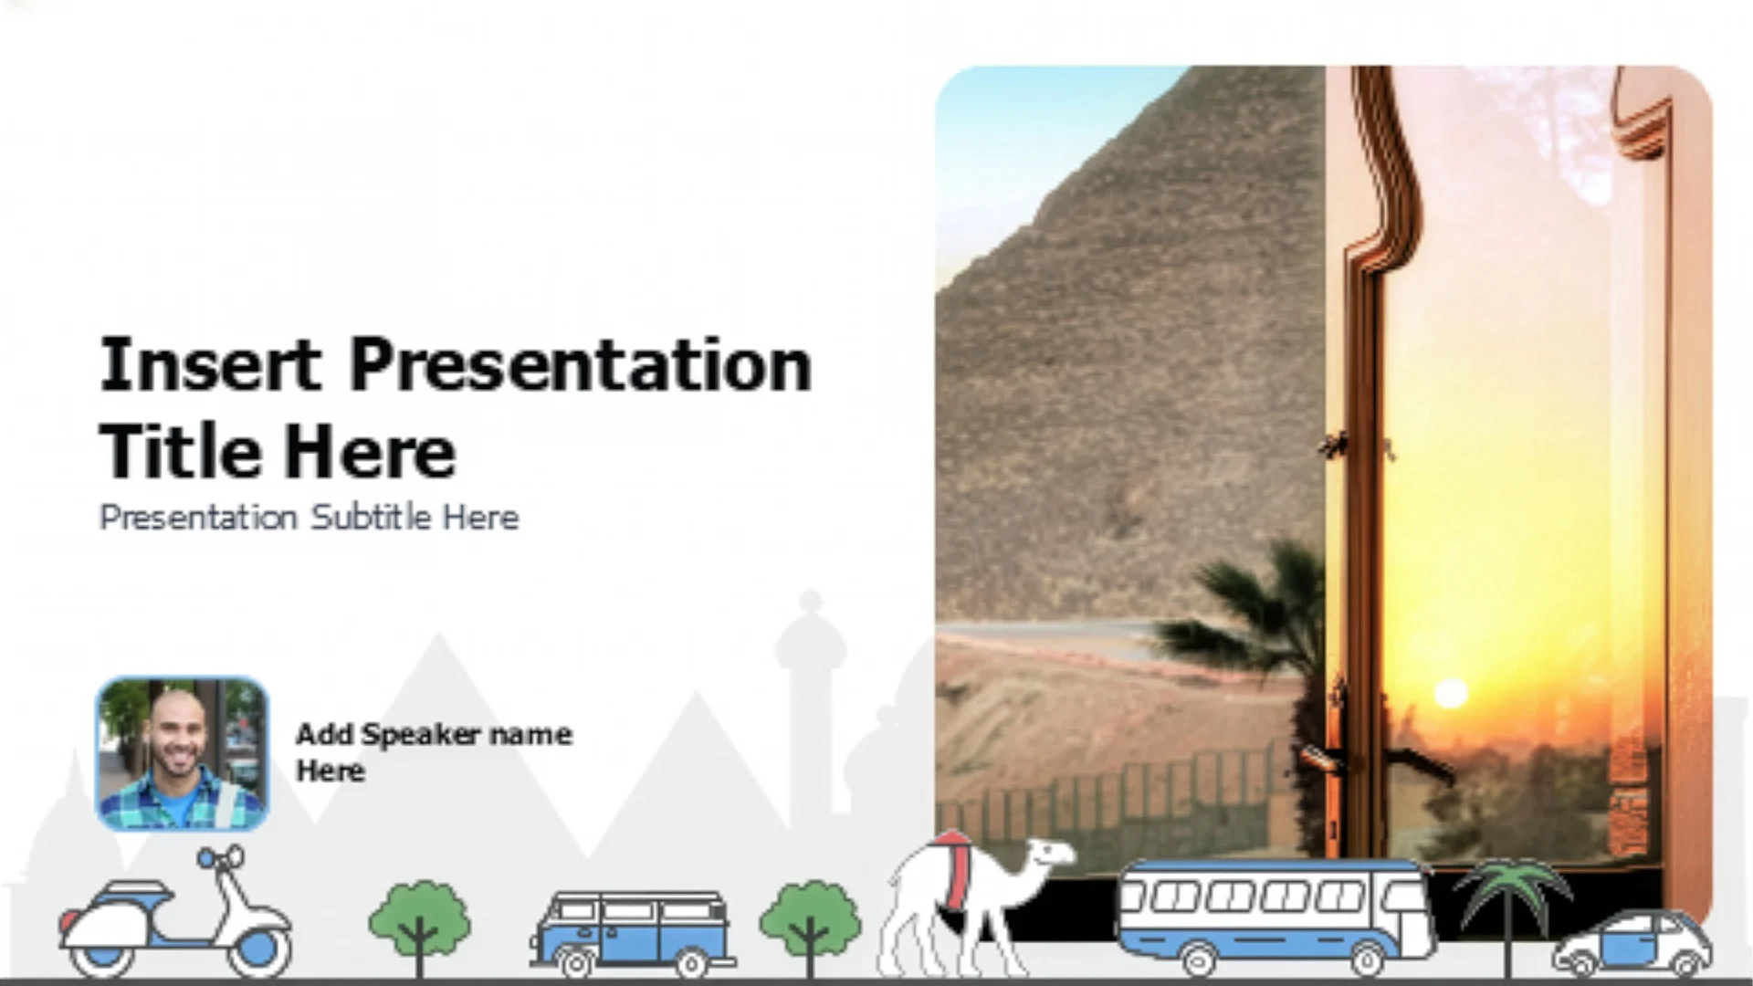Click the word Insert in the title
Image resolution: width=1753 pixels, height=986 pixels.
[210, 365]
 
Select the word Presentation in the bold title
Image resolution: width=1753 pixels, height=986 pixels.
[581, 365]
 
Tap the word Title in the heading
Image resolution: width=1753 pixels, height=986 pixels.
[180, 451]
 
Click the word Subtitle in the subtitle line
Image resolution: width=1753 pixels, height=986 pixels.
[371, 518]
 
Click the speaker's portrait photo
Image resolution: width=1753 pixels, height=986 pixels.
[182, 754]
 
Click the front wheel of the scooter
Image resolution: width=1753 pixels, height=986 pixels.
[258, 949]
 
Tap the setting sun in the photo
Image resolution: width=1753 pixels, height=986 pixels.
[1450, 694]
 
